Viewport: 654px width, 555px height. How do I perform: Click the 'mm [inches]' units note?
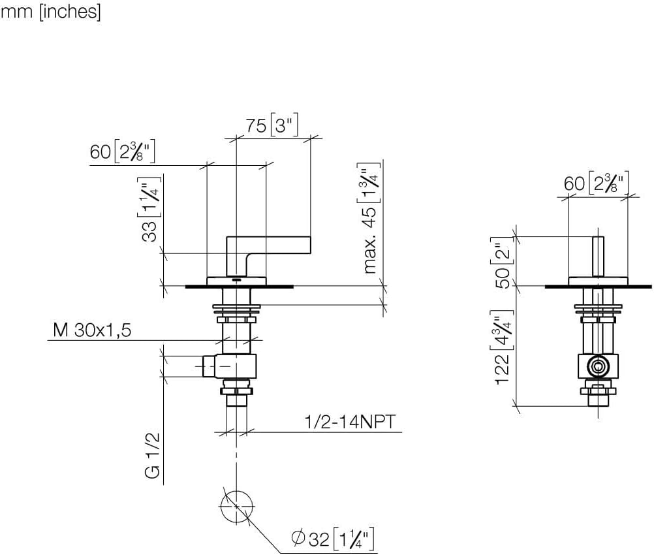[50, 12]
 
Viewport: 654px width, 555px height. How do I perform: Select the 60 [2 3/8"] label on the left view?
[124, 153]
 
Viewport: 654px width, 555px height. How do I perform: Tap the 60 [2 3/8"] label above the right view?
[597, 183]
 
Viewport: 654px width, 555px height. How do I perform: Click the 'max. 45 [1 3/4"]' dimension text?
[371, 219]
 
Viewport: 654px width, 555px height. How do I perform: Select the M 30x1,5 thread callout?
[93, 330]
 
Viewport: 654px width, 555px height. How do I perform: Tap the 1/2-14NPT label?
[350, 422]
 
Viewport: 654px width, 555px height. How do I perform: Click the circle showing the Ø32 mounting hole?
[236, 506]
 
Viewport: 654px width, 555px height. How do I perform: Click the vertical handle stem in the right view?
[597, 257]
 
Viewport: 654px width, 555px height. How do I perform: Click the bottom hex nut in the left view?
[236, 391]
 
